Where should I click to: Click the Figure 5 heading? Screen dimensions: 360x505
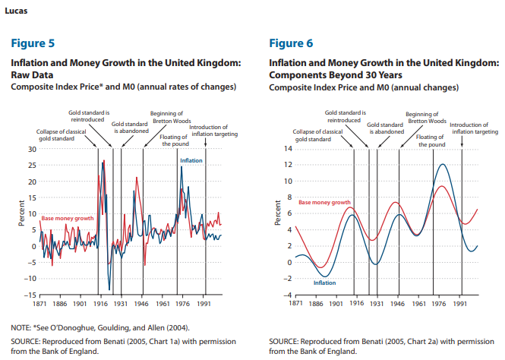pyautogui.click(x=32, y=43)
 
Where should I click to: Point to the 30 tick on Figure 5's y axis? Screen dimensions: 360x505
pyautogui.click(x=31, y=149)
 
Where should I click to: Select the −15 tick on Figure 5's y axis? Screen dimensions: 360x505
pyautogui.click(x=28, y=295)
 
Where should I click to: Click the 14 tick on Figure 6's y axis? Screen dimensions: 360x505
pyautogui.click(x=286, y=148)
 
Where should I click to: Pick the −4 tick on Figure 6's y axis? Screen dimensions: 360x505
pyautogui.click(x=285, y=295)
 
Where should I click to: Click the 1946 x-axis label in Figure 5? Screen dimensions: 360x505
pyautogui.click(x=144, y=303)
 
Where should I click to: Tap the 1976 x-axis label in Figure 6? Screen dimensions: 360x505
pyautogui.click(x=438, y=303)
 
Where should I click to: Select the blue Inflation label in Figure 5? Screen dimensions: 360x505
pyautogui.click(x=191, y=161)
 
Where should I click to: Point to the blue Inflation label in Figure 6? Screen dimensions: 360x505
pyautogui.click(x=324, y=283)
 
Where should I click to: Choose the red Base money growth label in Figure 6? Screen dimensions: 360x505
pyautogui.click(x=324, y=203)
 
